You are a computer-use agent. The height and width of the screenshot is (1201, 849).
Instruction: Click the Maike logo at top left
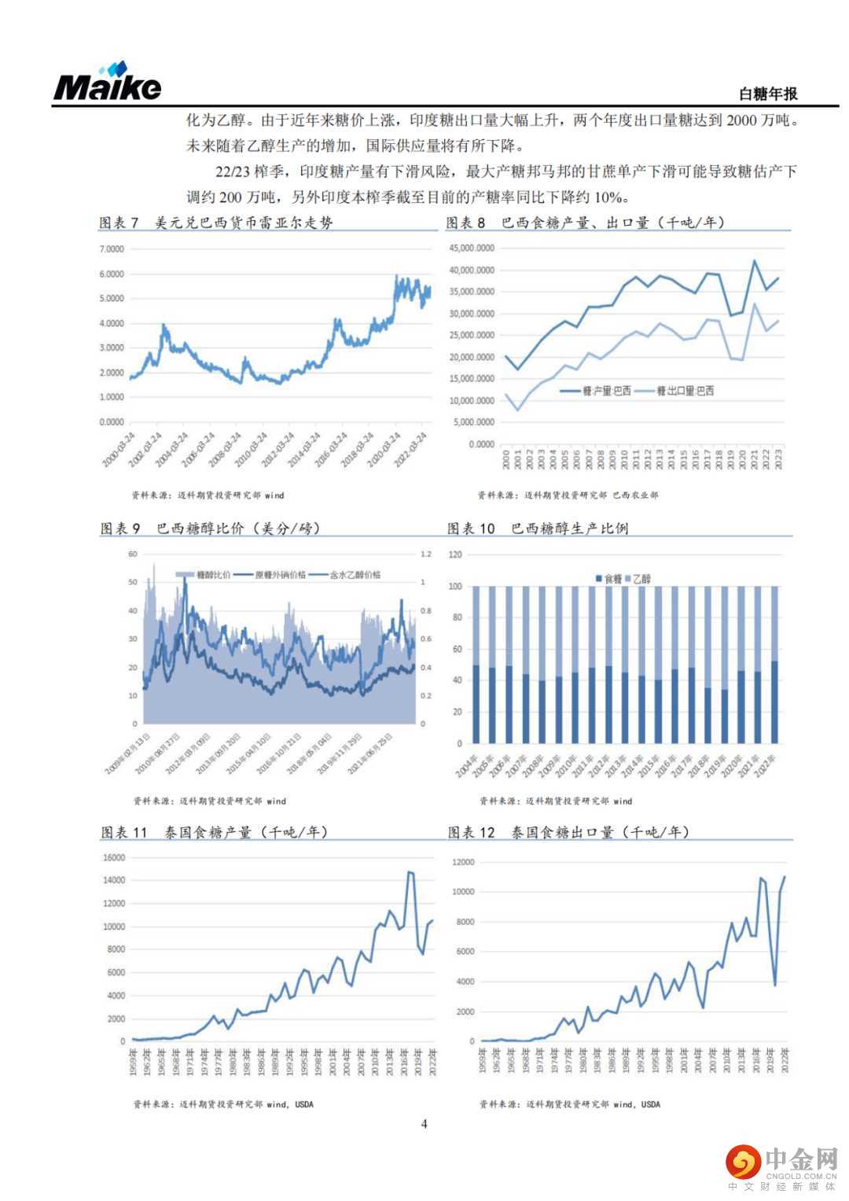107,82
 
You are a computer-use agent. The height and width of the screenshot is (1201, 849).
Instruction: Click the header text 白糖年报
767,94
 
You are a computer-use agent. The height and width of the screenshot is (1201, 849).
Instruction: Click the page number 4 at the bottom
424,1124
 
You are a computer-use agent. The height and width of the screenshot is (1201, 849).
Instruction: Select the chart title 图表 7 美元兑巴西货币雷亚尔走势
216,223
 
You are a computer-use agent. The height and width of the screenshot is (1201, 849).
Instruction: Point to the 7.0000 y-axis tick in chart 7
112,249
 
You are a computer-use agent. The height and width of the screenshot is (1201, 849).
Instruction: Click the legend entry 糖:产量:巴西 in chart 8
605,391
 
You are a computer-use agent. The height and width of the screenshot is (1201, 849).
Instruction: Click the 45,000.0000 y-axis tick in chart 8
472,249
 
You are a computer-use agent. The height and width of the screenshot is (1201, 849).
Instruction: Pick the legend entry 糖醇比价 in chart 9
209,575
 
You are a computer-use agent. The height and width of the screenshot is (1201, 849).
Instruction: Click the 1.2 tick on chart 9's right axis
426,554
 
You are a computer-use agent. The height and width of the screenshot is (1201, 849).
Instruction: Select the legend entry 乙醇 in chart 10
641,579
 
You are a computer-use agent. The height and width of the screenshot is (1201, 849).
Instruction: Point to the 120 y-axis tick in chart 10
455,554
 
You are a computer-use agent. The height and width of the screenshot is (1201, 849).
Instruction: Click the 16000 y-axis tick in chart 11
114,857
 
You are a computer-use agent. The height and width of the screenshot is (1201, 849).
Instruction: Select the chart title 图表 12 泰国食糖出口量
568,832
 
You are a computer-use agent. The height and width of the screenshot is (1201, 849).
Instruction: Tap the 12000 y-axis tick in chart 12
464,862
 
